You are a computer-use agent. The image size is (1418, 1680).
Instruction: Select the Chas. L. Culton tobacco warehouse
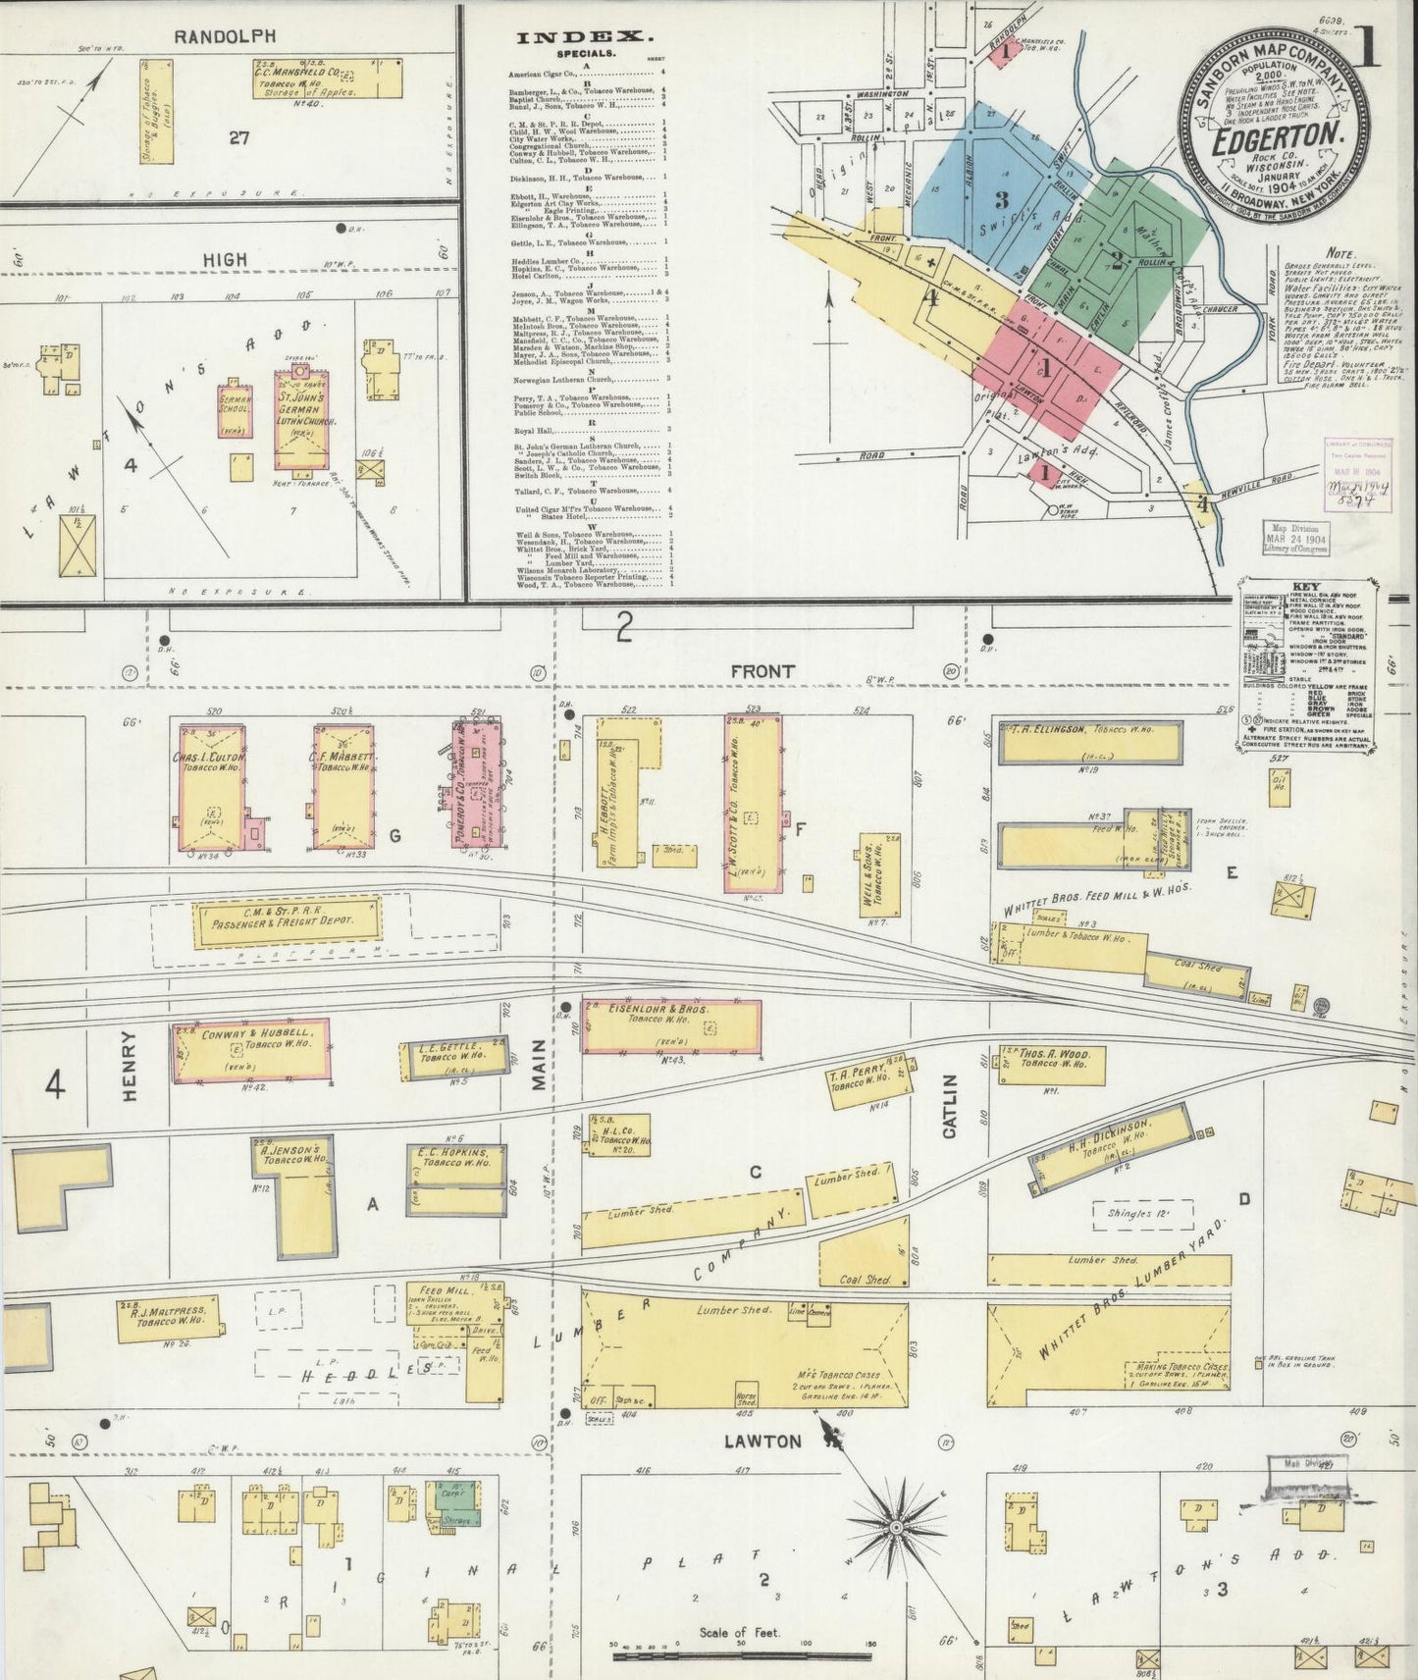[212, 788]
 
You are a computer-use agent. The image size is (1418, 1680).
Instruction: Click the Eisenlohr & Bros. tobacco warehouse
[671, 1027]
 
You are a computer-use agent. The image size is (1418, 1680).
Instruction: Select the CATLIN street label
[949, 1105]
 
